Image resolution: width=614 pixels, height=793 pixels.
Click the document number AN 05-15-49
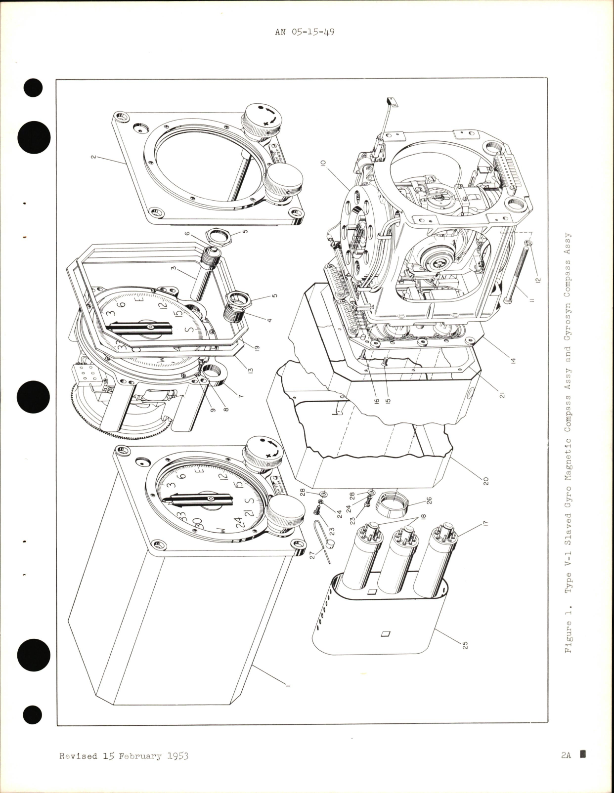[305, 33]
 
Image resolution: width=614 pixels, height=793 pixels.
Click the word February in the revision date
[137, 756]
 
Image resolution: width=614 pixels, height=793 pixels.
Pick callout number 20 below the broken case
[486, 480]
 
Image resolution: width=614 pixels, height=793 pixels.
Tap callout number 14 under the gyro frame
[513, 361]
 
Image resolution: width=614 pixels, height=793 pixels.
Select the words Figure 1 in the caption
[569, 637]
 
